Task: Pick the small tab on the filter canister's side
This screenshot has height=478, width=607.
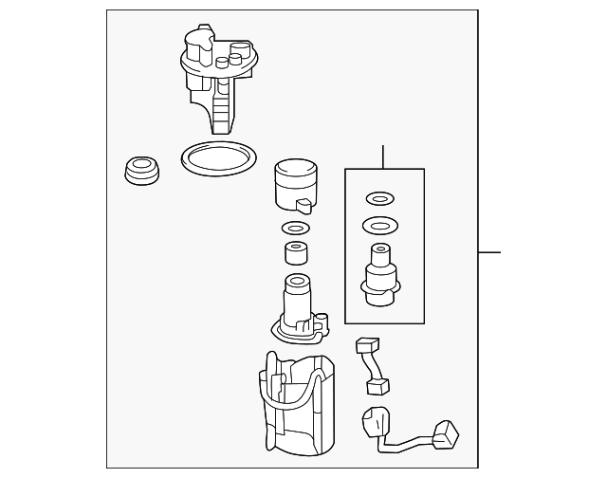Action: (x=303, y=205)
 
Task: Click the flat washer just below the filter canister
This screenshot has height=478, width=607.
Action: (x=296, y=228)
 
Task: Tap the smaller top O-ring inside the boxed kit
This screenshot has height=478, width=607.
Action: (x=378, y=199)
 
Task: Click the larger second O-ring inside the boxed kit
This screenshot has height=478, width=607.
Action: (x=379, y=228)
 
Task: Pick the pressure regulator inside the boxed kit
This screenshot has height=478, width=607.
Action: (x=380, y=274)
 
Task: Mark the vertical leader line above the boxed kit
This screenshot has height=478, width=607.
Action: (x=383, y=156)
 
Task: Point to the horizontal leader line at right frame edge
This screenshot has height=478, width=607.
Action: (x=488, y=252)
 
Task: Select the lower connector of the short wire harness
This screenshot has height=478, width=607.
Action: (x=377, y=386)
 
